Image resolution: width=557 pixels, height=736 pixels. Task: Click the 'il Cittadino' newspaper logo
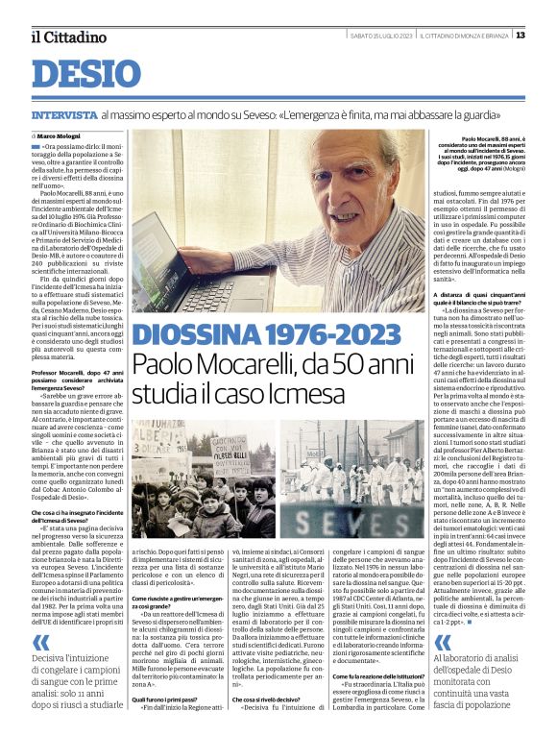tap(67, 37)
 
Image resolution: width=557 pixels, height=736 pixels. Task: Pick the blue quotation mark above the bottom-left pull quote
tap(39, 642)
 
